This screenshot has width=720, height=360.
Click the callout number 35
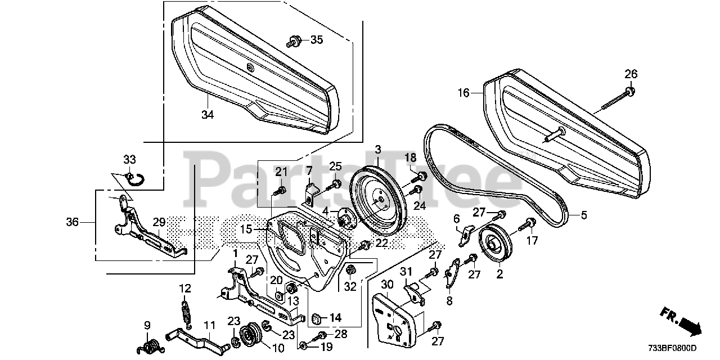[x=317, y=39]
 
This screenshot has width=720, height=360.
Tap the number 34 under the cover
[x=208, y=115]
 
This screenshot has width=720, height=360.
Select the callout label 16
[x=463, y=93]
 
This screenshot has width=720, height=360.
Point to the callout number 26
[x=631, y=74]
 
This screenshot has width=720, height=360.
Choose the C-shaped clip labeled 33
[x=134, y=179]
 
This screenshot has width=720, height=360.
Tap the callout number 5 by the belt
[x=583, y=214]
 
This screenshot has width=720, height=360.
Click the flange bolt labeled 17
[x=529, y=225]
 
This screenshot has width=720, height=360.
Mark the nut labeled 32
[x=349, y=271]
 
